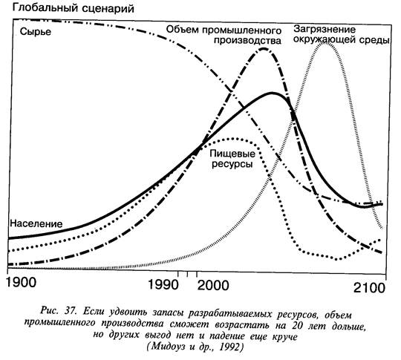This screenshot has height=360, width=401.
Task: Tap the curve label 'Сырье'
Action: tap(36, 32)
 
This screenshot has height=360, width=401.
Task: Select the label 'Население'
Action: tap(36, 223)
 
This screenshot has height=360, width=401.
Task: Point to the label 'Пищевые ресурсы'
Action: tap(232, 159)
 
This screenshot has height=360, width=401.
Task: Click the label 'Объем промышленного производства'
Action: tap(224, 36)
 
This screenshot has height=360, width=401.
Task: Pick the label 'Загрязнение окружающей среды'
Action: tap(341, 35)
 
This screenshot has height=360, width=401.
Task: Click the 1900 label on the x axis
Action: tap(22, 282)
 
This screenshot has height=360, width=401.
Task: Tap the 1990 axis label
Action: tap(163, 284)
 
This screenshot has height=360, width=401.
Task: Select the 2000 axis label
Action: tap(213, 285)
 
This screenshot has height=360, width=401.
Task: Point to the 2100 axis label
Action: tap(369, 288)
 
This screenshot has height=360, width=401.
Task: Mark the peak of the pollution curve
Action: tap(324, 42)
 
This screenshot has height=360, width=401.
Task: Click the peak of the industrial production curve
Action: tap(264, 48)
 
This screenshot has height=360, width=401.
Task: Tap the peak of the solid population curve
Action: tap(272, 93)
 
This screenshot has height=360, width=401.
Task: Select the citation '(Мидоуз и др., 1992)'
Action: tap(195, 347)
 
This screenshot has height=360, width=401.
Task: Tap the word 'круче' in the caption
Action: tap(284, 337)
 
